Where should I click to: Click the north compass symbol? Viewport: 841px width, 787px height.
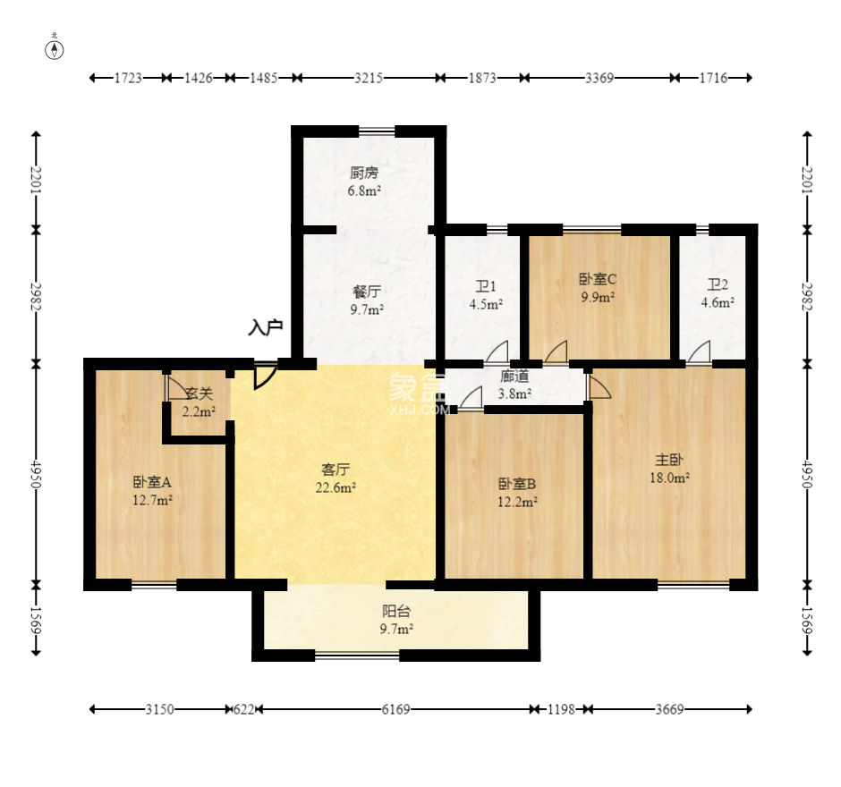[55, 48]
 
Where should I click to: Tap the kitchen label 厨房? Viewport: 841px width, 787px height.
[364, 173]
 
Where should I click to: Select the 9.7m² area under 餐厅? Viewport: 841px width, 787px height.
[367, 309]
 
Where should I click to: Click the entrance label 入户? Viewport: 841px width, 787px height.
[266, 327]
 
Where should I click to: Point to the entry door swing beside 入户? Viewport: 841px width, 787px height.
[265, 377]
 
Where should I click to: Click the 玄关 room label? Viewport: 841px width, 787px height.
[199, 394]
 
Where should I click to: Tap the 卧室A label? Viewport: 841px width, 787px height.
[152, 482]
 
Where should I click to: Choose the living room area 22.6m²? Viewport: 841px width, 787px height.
[336, 488]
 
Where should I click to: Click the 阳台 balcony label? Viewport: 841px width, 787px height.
[396, 611]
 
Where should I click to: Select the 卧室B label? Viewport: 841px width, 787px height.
[517, 484]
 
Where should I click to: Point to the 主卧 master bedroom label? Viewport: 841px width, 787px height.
[669, 460]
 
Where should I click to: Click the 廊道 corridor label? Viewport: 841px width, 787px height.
[514, 377]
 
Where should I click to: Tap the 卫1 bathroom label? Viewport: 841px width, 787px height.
[486, 286]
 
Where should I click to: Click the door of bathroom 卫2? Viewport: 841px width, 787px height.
[699, 351]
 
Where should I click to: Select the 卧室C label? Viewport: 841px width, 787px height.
[598, 279]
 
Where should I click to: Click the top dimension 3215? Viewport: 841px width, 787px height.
[369, 79]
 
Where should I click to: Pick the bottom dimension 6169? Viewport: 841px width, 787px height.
[395, 709]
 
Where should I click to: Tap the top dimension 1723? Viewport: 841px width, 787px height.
[128, 79]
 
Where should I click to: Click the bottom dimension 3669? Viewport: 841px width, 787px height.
[669, 709]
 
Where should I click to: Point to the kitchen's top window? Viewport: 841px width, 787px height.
[377, 131]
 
